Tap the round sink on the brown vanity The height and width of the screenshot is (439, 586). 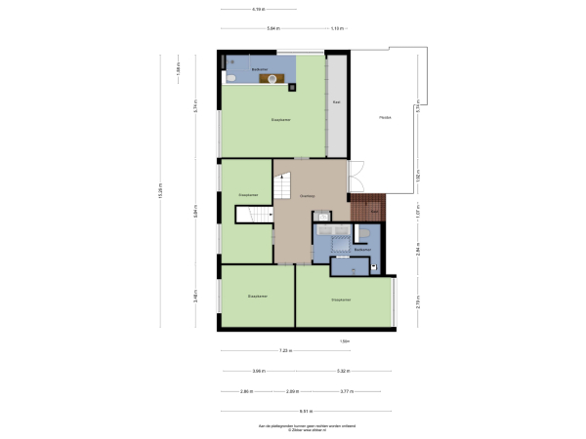click(x=273, y=81)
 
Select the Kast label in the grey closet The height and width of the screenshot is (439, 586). click(x=336, y=101)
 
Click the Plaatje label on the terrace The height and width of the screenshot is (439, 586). click(x=386, y=118)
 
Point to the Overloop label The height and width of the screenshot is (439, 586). click(x=307, y=196)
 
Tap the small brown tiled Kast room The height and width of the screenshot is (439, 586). click(x=374, y=210)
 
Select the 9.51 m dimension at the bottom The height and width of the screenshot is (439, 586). click(x=306, y=411)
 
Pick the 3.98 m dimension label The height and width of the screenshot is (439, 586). click(x=258, y=372)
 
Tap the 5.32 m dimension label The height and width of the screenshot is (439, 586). click(x=344, y=372)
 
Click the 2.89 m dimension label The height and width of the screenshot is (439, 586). click(x=292, y=391)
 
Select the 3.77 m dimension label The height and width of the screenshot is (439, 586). click(x=346, y=391)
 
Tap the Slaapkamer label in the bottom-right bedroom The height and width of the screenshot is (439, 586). click(x=342, y=299)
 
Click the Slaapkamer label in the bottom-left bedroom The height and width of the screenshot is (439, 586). click(x=257, y=295)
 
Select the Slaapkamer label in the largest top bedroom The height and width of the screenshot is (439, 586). click(x=280, y=120)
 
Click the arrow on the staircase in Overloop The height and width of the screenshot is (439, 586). click(x=283, y=182)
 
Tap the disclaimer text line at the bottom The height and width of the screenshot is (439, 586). click(x=293, y=426)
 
